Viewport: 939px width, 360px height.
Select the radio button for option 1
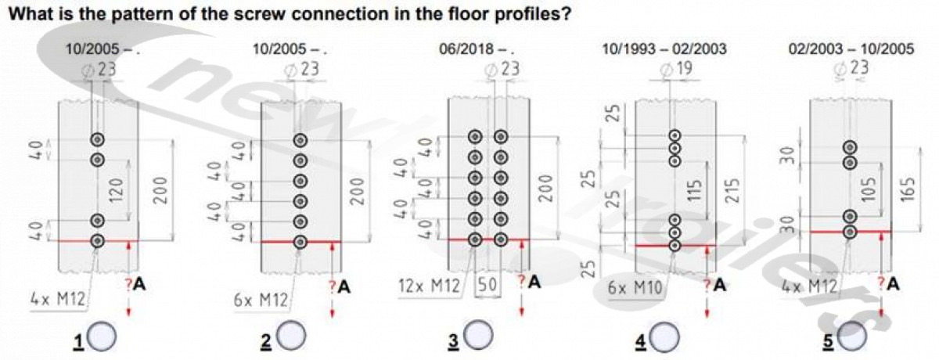[103, 337]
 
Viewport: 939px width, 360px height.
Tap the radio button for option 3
[478, 337]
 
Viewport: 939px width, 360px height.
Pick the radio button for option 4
[665, 337]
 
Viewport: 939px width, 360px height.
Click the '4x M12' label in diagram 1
[56, 297]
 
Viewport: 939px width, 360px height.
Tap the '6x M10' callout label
[635, 287]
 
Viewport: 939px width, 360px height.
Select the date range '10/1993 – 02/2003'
[664, 49]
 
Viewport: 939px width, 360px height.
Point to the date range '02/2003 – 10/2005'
[851, 49]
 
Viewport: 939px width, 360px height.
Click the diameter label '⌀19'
[676, 70]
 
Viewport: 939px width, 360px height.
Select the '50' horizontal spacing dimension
[487, 286]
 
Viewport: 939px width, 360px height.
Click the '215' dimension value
[732, 189]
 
